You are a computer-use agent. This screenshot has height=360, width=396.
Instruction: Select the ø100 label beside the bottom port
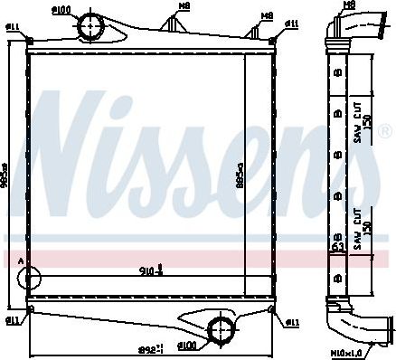(x=186, y=346)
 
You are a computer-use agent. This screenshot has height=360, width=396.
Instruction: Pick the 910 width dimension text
(x=150, y=270)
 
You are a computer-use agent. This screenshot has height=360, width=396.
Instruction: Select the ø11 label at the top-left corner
(x=14, y=29)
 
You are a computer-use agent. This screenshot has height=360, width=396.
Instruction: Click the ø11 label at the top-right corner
(x=292, y=23)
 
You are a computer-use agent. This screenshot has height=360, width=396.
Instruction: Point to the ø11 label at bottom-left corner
(x=14, y=321)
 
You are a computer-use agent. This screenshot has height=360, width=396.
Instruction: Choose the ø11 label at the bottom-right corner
(x=292, y=322)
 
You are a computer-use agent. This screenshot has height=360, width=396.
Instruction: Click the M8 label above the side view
(x=350, y=5)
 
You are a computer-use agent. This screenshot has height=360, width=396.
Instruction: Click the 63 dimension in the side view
(x=335, y=246)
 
